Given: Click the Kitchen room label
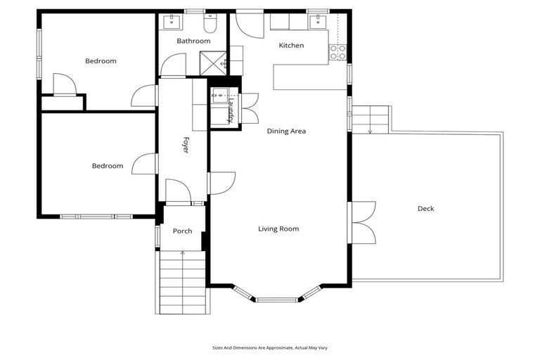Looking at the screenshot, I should point(291,46).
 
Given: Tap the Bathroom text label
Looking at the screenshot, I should point(193,41).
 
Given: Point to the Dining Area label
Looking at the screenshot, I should point(286,131).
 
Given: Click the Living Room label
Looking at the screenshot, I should point(278,229).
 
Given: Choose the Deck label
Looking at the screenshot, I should point(425,208).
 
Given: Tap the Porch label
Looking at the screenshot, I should point(182,231).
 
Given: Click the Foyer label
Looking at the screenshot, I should point(186,146).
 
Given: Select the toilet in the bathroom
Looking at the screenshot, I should point(209,24).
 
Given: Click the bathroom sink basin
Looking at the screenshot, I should point(171,22).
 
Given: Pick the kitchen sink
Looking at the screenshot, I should point(319,21).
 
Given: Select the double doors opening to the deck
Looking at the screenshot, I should point(362,222).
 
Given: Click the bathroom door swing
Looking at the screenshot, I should point(172,67).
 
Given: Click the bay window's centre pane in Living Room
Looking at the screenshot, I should point(277,300).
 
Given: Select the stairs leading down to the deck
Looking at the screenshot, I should point(371,120).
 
